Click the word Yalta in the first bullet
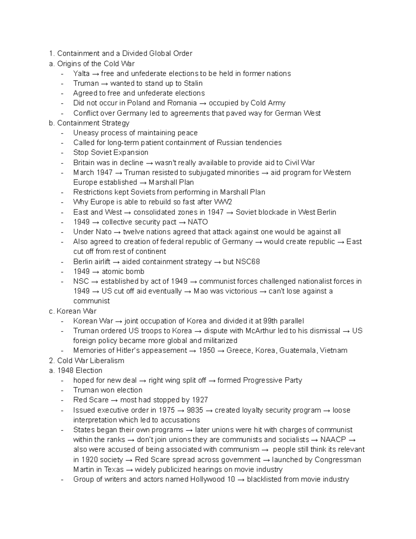pos(81,74)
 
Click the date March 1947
pos(93,172)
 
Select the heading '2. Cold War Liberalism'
pos(87,361)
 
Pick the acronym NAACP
pos(333,440)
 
